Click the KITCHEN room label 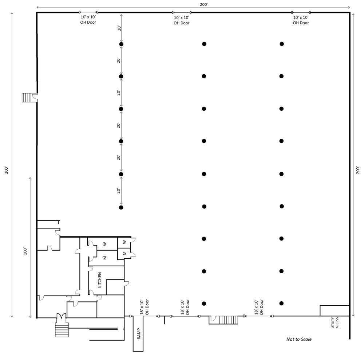pyautogui.click(x=100, y=280)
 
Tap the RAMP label pyautogui.click(x=139, y=333)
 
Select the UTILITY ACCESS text pyautogui.click(x=335, y=322)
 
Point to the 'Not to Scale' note pyautogui.click(x=299, y=339)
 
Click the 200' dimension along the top pyautogui.click(x=203, y=4)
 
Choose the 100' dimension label pyautogui.click(x=25, y=251)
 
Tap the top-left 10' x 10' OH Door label pyautogui.click(x=88, y=20)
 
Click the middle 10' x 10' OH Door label pyautogui.click(x=182, y=20)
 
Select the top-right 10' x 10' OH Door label pyautogui.click(x=301, y=20)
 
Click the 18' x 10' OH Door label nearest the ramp pyautogui.click(x=144, y=307)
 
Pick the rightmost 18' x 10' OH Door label pyautogui.click(x=258, y=307)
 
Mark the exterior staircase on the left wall pyautogui.click(x=27, y=97)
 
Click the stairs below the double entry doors pyautogui.click(x=62, y=330)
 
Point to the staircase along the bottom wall pyautogui.click(x=229, y=320)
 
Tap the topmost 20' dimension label pyautogui.click(x=119, y=28)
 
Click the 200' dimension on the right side pyautogui.click(x=358, y=170)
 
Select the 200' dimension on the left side pyautogui.click(x=7, y=170)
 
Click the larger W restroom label pyautogui.click(x=105, y=244)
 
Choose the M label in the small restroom pyautogui.click(x=124, y=253)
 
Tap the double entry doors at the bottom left pyautogui.click(x=62, y=316)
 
